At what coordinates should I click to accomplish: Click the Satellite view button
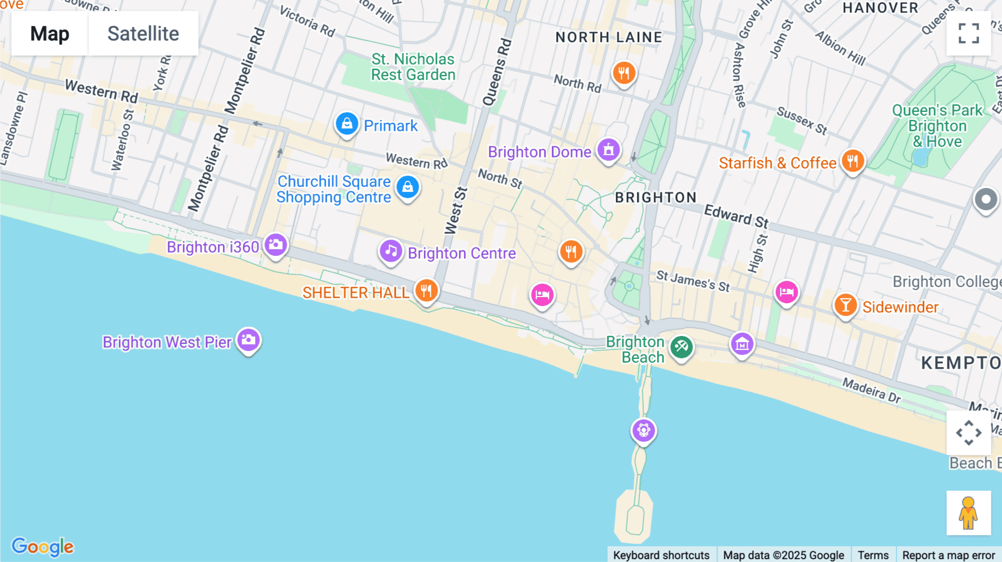[x=143, y=33]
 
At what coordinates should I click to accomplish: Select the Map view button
[x=50, y=33]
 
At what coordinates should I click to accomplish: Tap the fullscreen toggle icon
[x=969, y=33]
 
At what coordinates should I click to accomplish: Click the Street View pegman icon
[x=969, y=512]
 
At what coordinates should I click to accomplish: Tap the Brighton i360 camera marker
[x=276, y=245]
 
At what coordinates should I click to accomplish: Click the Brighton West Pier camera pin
[x=248, y=339]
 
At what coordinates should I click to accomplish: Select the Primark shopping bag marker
[x=346, y=124]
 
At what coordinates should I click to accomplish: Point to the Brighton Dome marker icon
[x=608, y=150]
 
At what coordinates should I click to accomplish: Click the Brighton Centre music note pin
[x=391, y=251]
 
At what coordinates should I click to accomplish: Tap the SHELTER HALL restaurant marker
[x=426, y=290]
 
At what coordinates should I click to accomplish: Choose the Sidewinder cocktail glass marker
[x=845, y=305]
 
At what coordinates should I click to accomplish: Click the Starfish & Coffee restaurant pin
[x=852, y=161]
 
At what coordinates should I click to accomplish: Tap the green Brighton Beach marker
[x=681, y=347]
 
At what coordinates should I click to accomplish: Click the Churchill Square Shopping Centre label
[x=334, y=189]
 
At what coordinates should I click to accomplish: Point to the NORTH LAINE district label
[x=609, y=37]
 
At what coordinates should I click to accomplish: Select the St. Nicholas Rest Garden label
[x=413, y=67]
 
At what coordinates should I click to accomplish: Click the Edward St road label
[x=736, y=216]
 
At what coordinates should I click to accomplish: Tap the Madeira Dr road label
[x=871, y=390]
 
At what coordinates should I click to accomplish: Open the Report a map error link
[x=948, y=555]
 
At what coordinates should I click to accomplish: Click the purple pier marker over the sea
[x=644, y=430]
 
